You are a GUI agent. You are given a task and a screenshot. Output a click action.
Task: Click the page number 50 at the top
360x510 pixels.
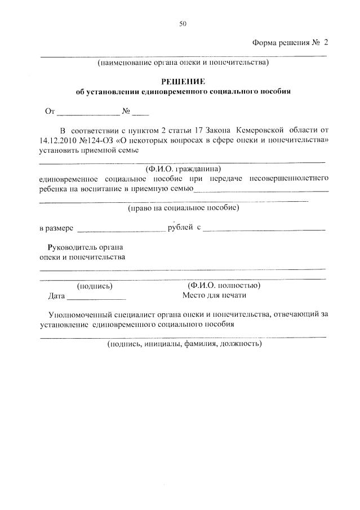coord(183,24)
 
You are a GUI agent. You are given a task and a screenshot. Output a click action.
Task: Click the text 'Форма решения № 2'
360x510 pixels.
coord(290,43)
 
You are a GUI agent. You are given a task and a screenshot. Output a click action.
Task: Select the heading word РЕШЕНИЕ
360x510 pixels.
coord(183,82)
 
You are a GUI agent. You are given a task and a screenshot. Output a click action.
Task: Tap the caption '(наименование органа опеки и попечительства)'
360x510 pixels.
coord(183,62)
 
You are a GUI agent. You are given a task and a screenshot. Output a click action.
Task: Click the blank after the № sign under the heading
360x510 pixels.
coord(141,112)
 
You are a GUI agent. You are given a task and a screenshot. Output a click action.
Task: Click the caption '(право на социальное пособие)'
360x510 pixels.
coord(183,207)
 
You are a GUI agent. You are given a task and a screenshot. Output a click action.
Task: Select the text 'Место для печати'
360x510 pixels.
coord(214,295)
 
